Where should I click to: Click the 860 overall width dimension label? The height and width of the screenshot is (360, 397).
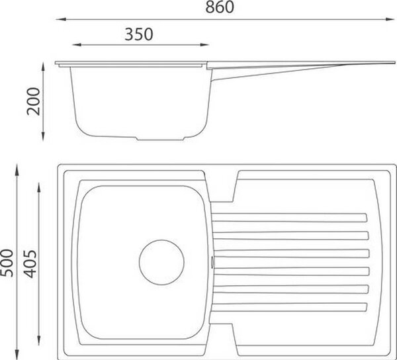tap(220, 7)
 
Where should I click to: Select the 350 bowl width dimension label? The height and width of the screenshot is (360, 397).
tap(139, 34)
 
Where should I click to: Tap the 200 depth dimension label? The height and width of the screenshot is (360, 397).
tap(34, 101)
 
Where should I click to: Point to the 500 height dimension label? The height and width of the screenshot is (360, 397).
tap(7, 263)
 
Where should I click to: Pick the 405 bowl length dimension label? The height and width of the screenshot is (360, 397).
tap(30, 264)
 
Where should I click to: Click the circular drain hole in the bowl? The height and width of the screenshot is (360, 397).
tap(161, 262)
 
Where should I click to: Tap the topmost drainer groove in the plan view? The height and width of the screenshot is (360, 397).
tap(289, 218)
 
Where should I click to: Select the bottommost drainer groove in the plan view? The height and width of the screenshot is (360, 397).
tap(289, 307)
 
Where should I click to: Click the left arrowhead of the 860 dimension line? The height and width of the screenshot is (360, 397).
tap(61, 19)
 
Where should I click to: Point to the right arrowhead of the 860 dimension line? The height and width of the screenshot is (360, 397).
tap(390, 19)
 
